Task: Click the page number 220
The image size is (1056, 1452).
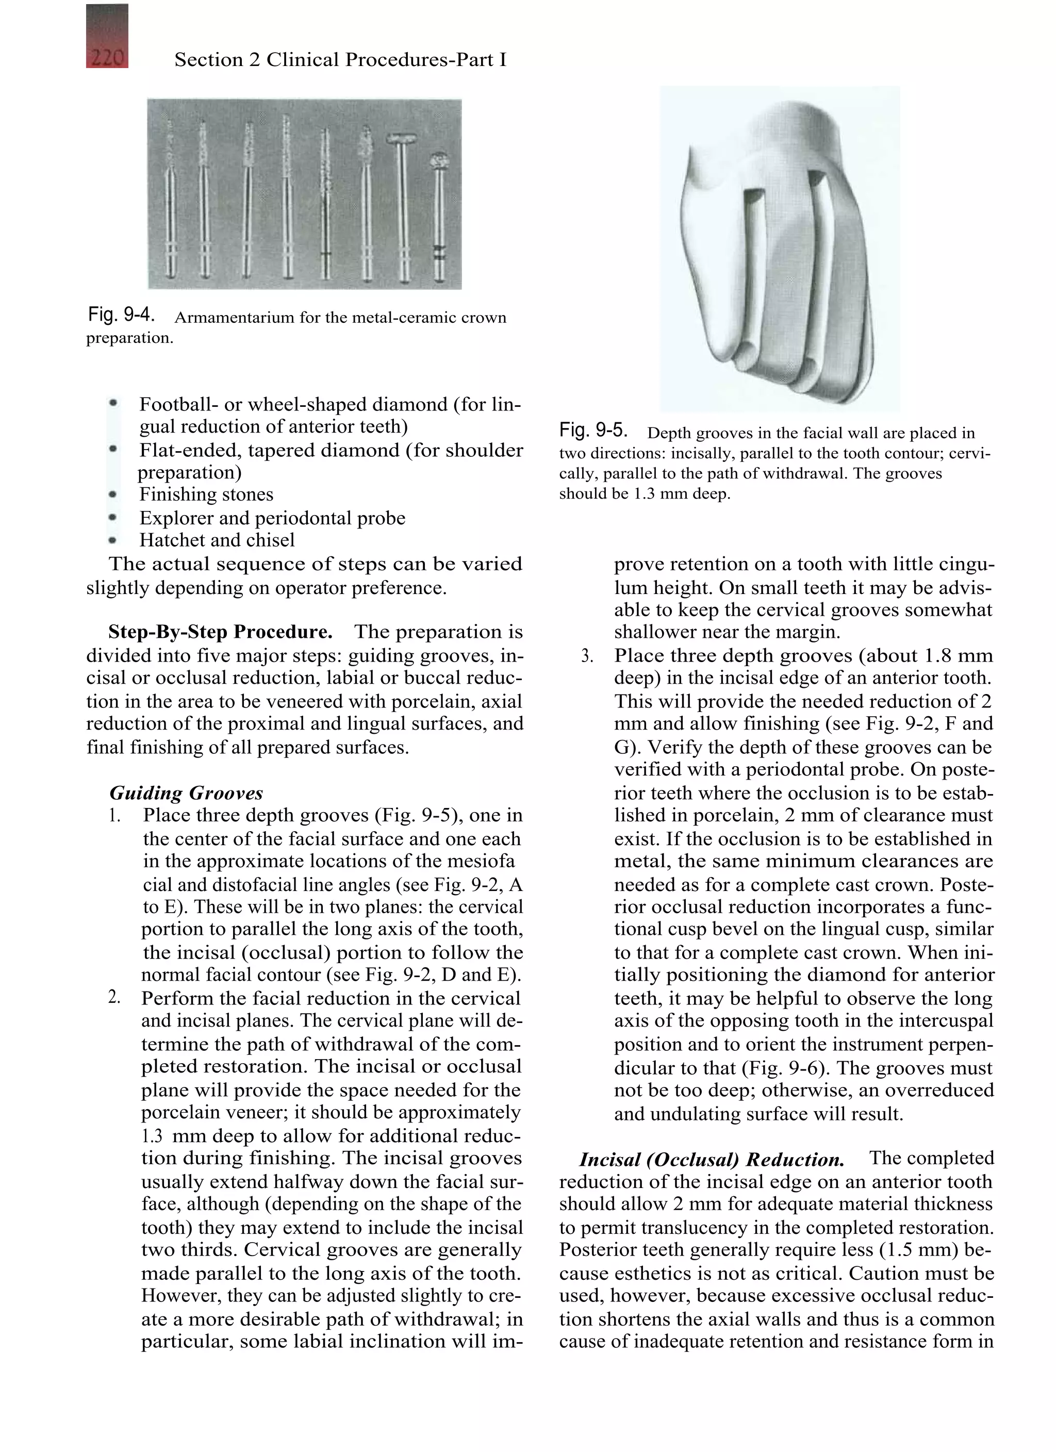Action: (x=107, y=58)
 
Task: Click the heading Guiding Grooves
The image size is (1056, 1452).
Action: (x=186, y=793)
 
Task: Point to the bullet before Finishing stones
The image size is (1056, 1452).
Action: (x=113, y=494)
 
